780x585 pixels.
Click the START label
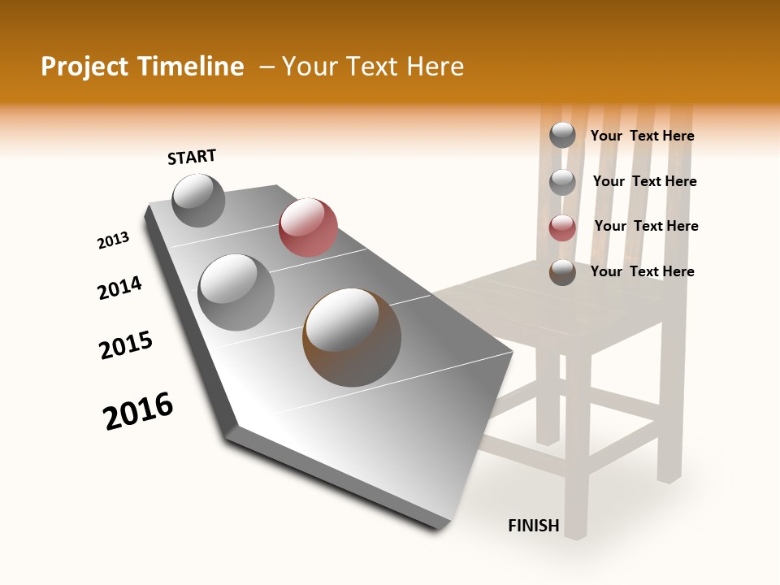pyautogui.click(x=192, y=157)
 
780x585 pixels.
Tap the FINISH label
pyautogui.click(x=534, y=526)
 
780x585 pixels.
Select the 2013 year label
pyautogui.click(x=114, y=240)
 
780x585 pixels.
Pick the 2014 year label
pyautogui.click(x=120, y=288)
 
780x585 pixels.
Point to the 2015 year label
pyautogui.click(x=126, y=345)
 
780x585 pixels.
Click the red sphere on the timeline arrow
pyautogui.click(x=308, y=227)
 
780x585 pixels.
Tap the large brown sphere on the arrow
pyautogui.click(x=352, y=337)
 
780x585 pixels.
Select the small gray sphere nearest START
pyautogui.click(x=198, y=200)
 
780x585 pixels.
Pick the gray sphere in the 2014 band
pyautogui.click(x=236, y=292)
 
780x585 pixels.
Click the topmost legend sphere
pyautogui.click(x=562, y=135)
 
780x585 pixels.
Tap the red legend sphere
pyautogui.click(x=562, y=227)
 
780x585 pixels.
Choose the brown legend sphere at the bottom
pyautogui.click(x=562, y=272)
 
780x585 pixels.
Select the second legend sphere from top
pyautogui.click(x=562, y=182)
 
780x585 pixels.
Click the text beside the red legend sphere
pyautogui.click(x=646, y=226)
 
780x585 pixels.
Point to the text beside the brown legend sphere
pyautogui.click(x=642, y=271)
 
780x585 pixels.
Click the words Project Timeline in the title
pyautogui.click(x=142, y=67)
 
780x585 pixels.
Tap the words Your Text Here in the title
pyautogui.click(x=372, y=67)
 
